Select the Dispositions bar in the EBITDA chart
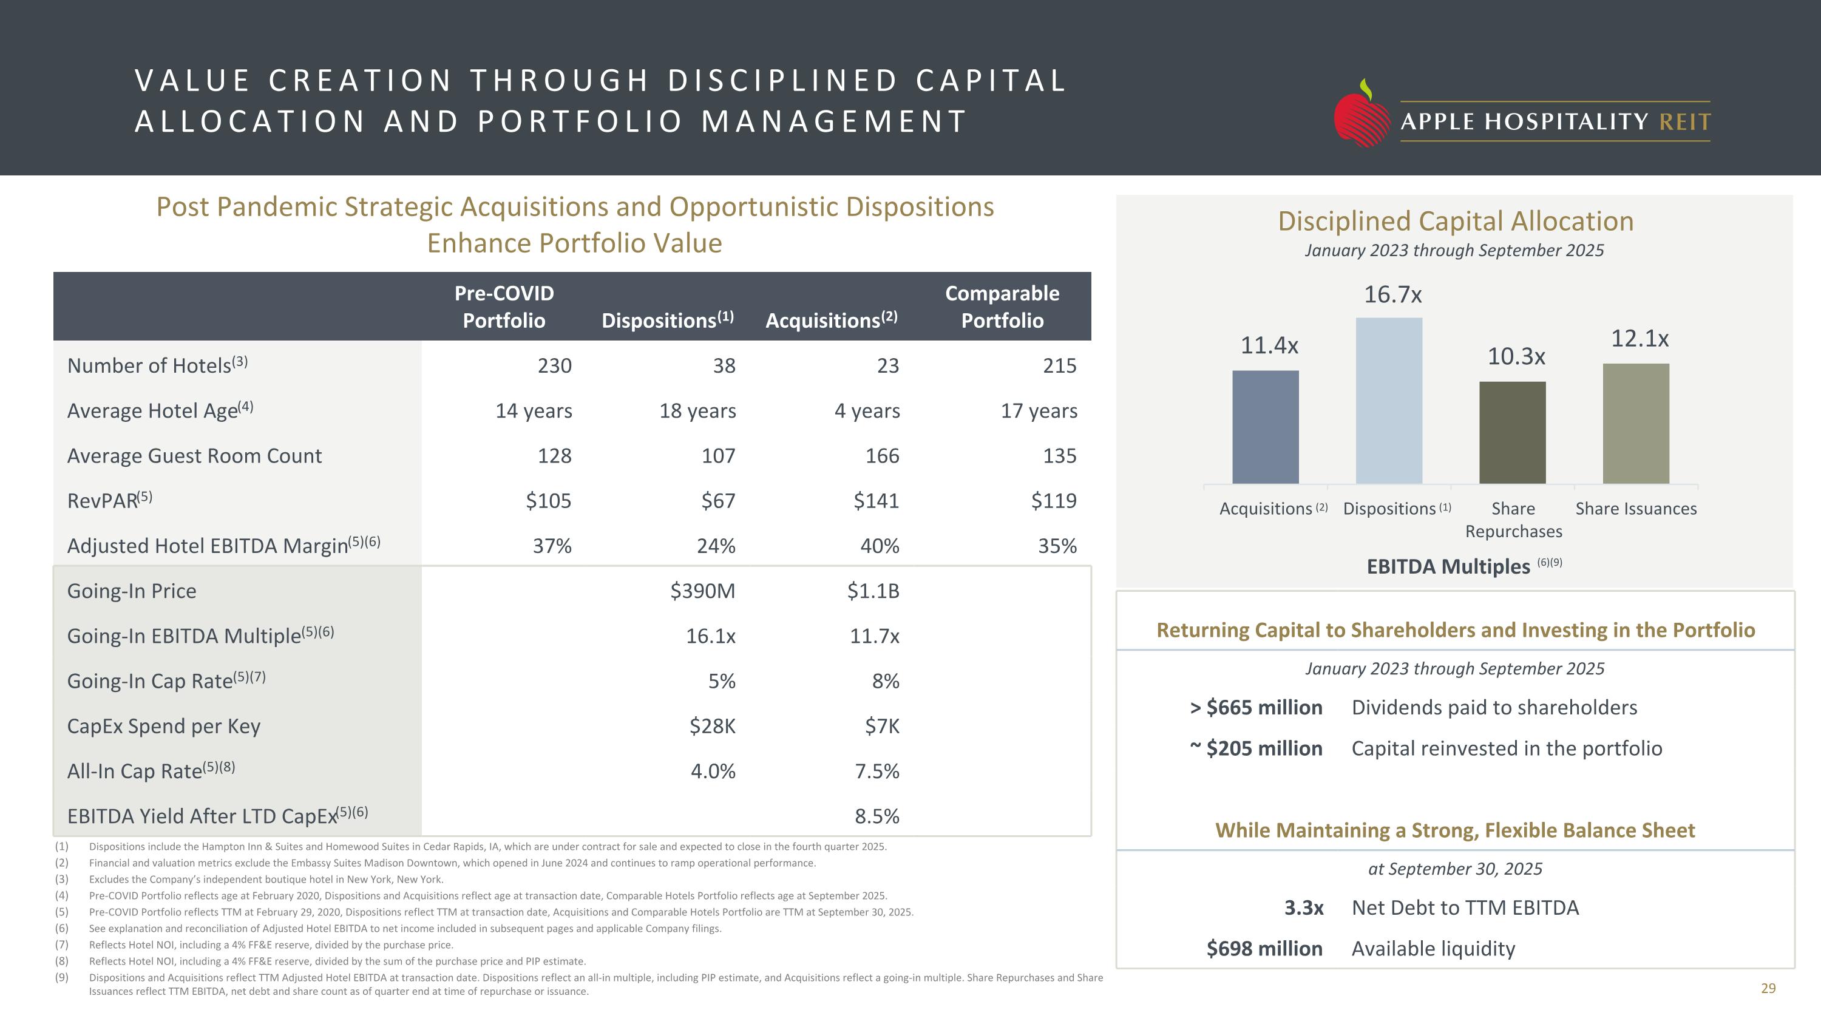pyautogui.click(x=1388, y=400)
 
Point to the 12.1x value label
pyautogui.click(x=1640, y=339)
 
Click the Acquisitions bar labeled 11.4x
pyautogui.click(x=1266, y=427)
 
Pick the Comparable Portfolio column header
pyautogui.click(x=1002, y=307)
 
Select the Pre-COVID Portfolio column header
pyautogui.click(x=504, y=307)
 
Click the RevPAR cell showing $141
pyautogui.click(x=876, y=501)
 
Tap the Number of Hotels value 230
pyautogui.click(x=554, y=365)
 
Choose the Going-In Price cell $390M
pyautogui.click(x=703, y=591)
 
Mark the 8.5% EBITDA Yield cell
pyautogui.click(x=877, y=816)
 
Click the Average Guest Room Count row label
pyautogui.click(x=194, y=456)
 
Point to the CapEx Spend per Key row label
pyautogui.click(x=164, y=727)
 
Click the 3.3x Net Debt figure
pyautogui.click(x=1304, y=908)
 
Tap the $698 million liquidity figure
pyautogui.click(x=1264, y=948)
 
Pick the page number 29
pyautogui.click(x=1768, y=989)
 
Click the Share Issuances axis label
pyautogui.click(x=1636, y=509)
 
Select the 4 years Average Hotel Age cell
pyautogui.click(x=867, y=410)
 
